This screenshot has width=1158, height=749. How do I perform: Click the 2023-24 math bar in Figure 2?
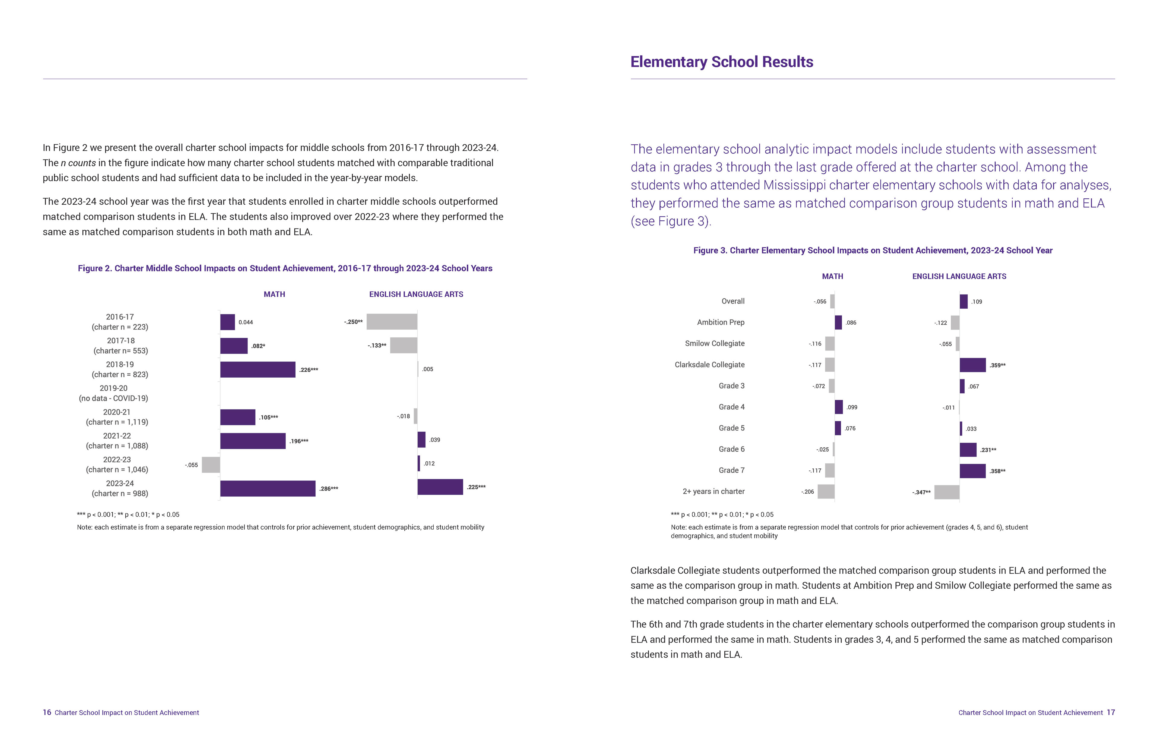click(x=267, y=488)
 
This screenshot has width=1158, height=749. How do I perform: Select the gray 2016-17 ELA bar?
click(x=392, y=322)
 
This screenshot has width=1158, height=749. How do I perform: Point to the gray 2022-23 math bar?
click(x=211, y=464)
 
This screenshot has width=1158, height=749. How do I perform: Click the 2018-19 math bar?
click(x=258, y=370)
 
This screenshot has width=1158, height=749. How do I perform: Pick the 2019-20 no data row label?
click(x=113, y=393)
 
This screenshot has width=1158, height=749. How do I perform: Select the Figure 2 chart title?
click(x=285, y=269)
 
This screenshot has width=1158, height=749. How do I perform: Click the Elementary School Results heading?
click(x=722, y=62)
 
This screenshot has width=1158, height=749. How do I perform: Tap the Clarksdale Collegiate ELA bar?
click(x=973, y=365)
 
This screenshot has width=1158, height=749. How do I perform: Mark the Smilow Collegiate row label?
click(x=715, y=343)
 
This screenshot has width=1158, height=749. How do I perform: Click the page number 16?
click(x=47, y=713)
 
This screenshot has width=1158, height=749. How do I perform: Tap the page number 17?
click(x=1111, y=713)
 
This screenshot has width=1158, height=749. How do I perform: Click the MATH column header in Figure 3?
click(x=833, y=276)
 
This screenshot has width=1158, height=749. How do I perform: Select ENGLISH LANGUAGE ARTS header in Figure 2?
click(x=416, y=294)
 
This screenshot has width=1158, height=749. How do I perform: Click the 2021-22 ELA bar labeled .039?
click(x=421, y=440)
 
